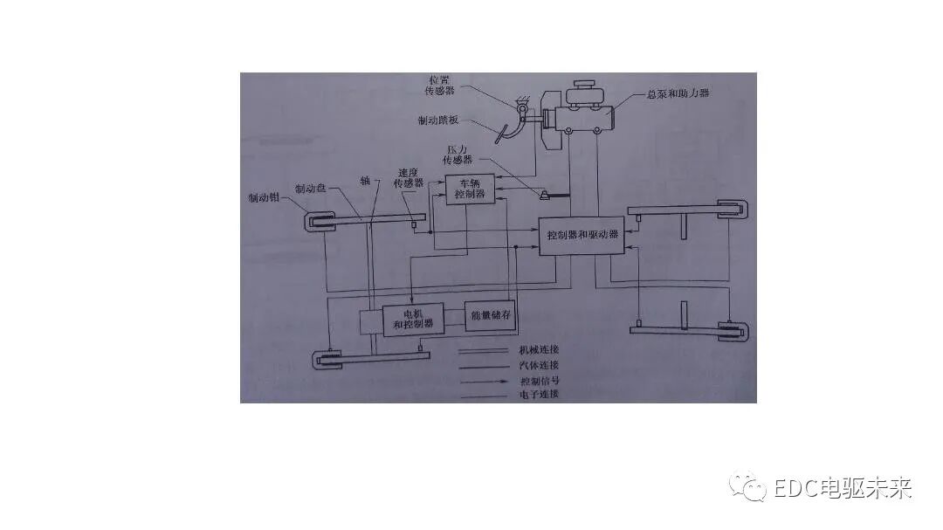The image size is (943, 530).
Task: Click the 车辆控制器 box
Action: [470, 189]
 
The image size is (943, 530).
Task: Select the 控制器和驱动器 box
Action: [582, 235]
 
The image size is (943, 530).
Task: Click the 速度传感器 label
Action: [410, 177]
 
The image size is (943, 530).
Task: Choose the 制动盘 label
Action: [311, 188]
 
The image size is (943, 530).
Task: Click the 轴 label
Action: [365, 181]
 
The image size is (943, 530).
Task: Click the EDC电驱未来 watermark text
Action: [843, 488]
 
